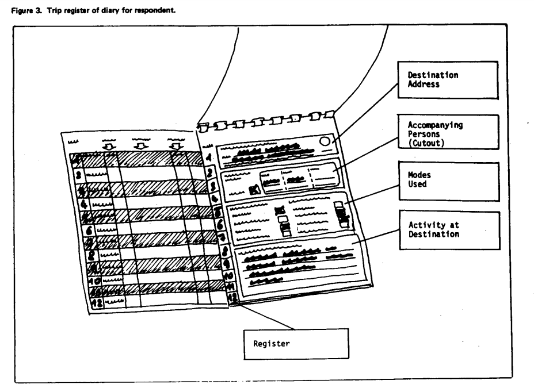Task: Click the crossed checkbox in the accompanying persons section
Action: click(x=255, y=189)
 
